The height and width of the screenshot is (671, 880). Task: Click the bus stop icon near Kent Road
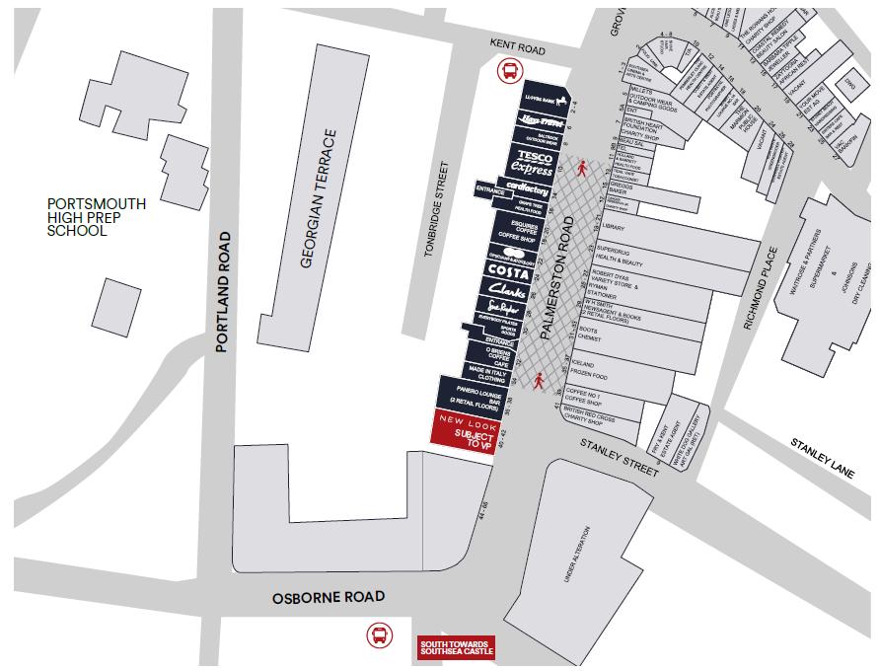[x=510, y=70]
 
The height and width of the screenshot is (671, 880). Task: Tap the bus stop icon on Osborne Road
[x=379, y=634]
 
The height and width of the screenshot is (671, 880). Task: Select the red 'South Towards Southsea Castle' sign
[x=456, y=647]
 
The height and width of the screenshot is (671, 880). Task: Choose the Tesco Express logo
[x=533, y=164]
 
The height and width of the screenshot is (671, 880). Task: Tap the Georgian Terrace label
[x=318, y=198]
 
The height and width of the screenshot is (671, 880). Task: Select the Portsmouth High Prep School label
[x=97, y=217]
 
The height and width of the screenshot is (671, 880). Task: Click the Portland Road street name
[x=224, y=291]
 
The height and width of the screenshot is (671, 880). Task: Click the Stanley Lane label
[x=822, y=458]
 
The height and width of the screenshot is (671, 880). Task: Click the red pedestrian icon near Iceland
[x=539, y=380]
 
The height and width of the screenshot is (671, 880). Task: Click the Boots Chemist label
[x=589, y=334]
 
